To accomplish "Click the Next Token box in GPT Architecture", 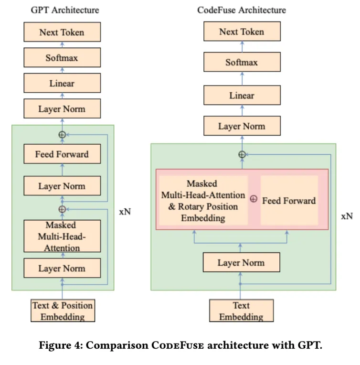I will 62,32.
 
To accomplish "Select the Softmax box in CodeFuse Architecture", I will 242,63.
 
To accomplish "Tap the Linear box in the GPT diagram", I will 62,83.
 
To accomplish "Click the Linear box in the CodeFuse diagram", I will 242,96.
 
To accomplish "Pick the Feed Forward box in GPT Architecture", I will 62,154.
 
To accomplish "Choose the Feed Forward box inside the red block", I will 289,201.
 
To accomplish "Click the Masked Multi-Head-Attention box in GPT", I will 62,236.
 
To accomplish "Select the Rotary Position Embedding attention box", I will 203,201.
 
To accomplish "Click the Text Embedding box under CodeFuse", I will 242,311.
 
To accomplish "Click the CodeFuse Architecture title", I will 242,10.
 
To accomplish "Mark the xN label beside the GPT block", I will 125,212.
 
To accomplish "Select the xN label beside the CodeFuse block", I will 347,216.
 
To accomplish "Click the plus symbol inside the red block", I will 254,199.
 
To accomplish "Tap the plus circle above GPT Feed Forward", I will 62,135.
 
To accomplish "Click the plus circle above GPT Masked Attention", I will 62,209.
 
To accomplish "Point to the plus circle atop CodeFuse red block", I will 242,154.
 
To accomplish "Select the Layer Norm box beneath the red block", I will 242,263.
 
